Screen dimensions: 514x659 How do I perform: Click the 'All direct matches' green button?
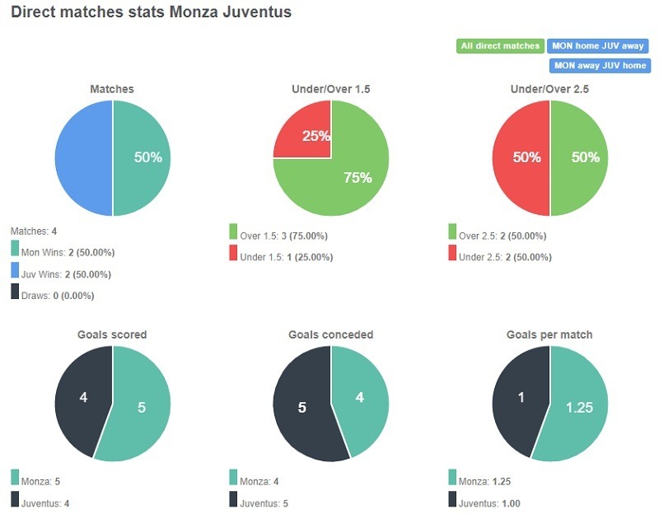click(x=500, y=46)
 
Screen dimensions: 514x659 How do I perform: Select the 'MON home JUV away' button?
click(x=599, y=46)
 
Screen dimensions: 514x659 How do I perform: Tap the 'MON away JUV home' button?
click(x=599, y=66)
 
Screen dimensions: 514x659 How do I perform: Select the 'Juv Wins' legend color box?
click(x=16, y=270)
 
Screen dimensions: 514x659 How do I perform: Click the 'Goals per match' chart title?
click(x=549, y=335)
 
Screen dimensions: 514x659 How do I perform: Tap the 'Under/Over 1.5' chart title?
click(x=330, y=89)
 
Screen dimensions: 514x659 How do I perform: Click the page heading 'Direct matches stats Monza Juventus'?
click(x=151, y=14)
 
